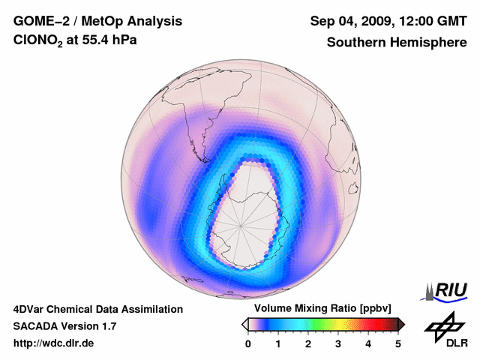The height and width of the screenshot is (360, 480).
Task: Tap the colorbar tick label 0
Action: coord(248,343)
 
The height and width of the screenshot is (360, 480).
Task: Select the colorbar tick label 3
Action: coord(338,343)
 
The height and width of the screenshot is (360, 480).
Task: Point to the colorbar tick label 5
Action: coord(398,343)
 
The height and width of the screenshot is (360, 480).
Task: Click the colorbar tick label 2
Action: coord(308,343)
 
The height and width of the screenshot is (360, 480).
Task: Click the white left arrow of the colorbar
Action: coord(244,324)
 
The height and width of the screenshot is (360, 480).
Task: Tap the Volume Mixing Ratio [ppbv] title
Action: coord(323,308)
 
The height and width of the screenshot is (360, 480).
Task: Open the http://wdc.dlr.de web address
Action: coord(54,343)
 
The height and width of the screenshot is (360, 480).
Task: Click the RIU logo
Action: coord(448,289)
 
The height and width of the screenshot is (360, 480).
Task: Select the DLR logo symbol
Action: coord(444,325)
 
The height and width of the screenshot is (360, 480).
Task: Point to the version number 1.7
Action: coord(108,326)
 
